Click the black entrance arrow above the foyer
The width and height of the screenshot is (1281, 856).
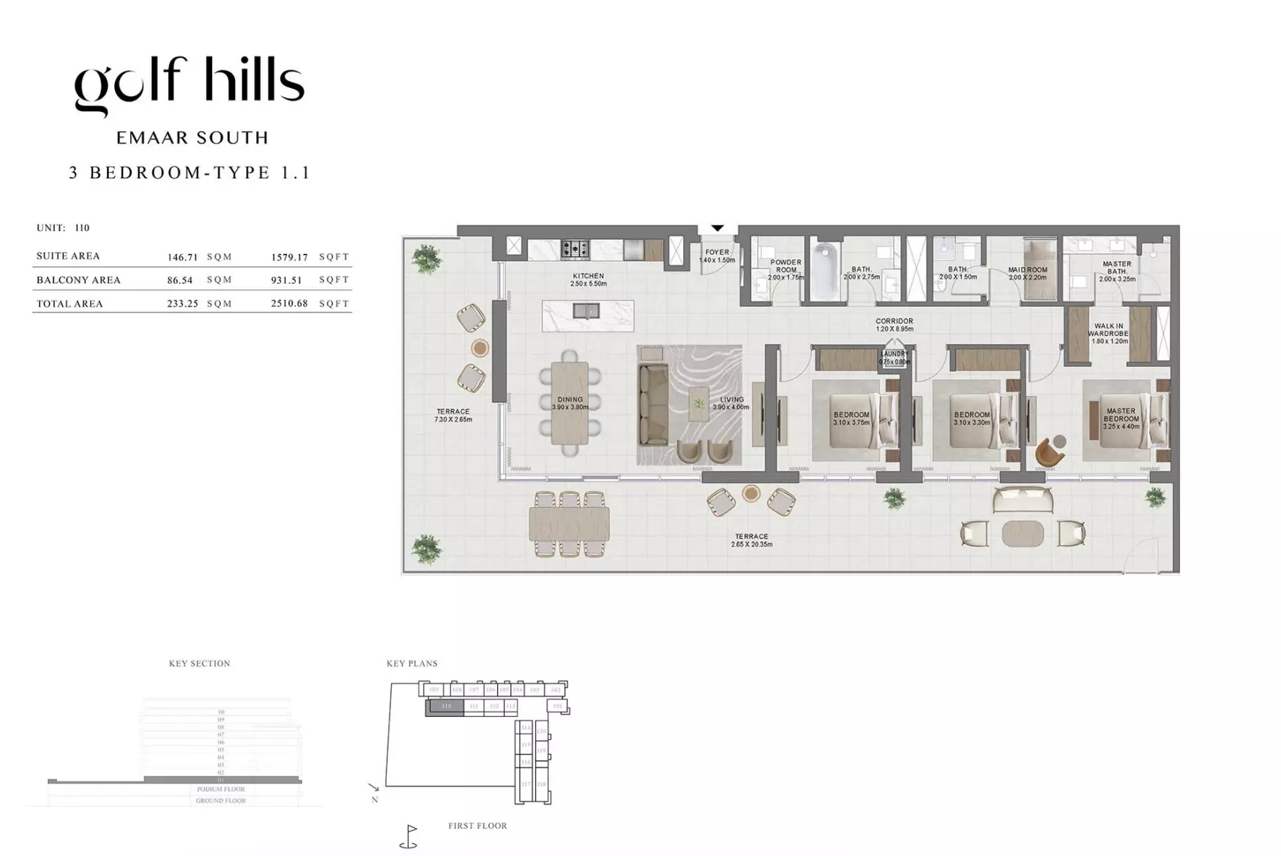(717, 228)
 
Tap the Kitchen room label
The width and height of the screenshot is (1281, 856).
(589, 277)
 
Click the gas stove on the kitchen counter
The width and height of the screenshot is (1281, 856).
(575, 249)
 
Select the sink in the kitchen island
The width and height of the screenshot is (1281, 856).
(586, 311)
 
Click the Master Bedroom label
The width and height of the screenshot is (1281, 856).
(1121, 415)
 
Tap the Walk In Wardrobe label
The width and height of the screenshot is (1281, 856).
(1108, 330)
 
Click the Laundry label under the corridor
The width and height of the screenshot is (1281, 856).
(895, 354)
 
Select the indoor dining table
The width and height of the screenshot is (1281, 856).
(569, 403)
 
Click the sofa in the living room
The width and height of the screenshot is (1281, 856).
(653, 405)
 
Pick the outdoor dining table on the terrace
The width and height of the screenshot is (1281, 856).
(569, 525)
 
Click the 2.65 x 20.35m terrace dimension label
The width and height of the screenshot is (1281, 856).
(751, 544)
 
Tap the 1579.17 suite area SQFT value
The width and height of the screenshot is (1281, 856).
(289, 257)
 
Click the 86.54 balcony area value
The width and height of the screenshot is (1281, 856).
(179, 280)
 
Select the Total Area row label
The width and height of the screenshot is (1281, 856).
(70, 304)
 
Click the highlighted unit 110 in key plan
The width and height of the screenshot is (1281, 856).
(444, 707)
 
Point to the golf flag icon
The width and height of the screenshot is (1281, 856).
(410, 836)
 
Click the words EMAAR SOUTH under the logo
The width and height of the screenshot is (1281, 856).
(193, 138)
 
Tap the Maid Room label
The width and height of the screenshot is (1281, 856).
(1027, 270)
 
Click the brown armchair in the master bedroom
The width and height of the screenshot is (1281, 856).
(1048, 452)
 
